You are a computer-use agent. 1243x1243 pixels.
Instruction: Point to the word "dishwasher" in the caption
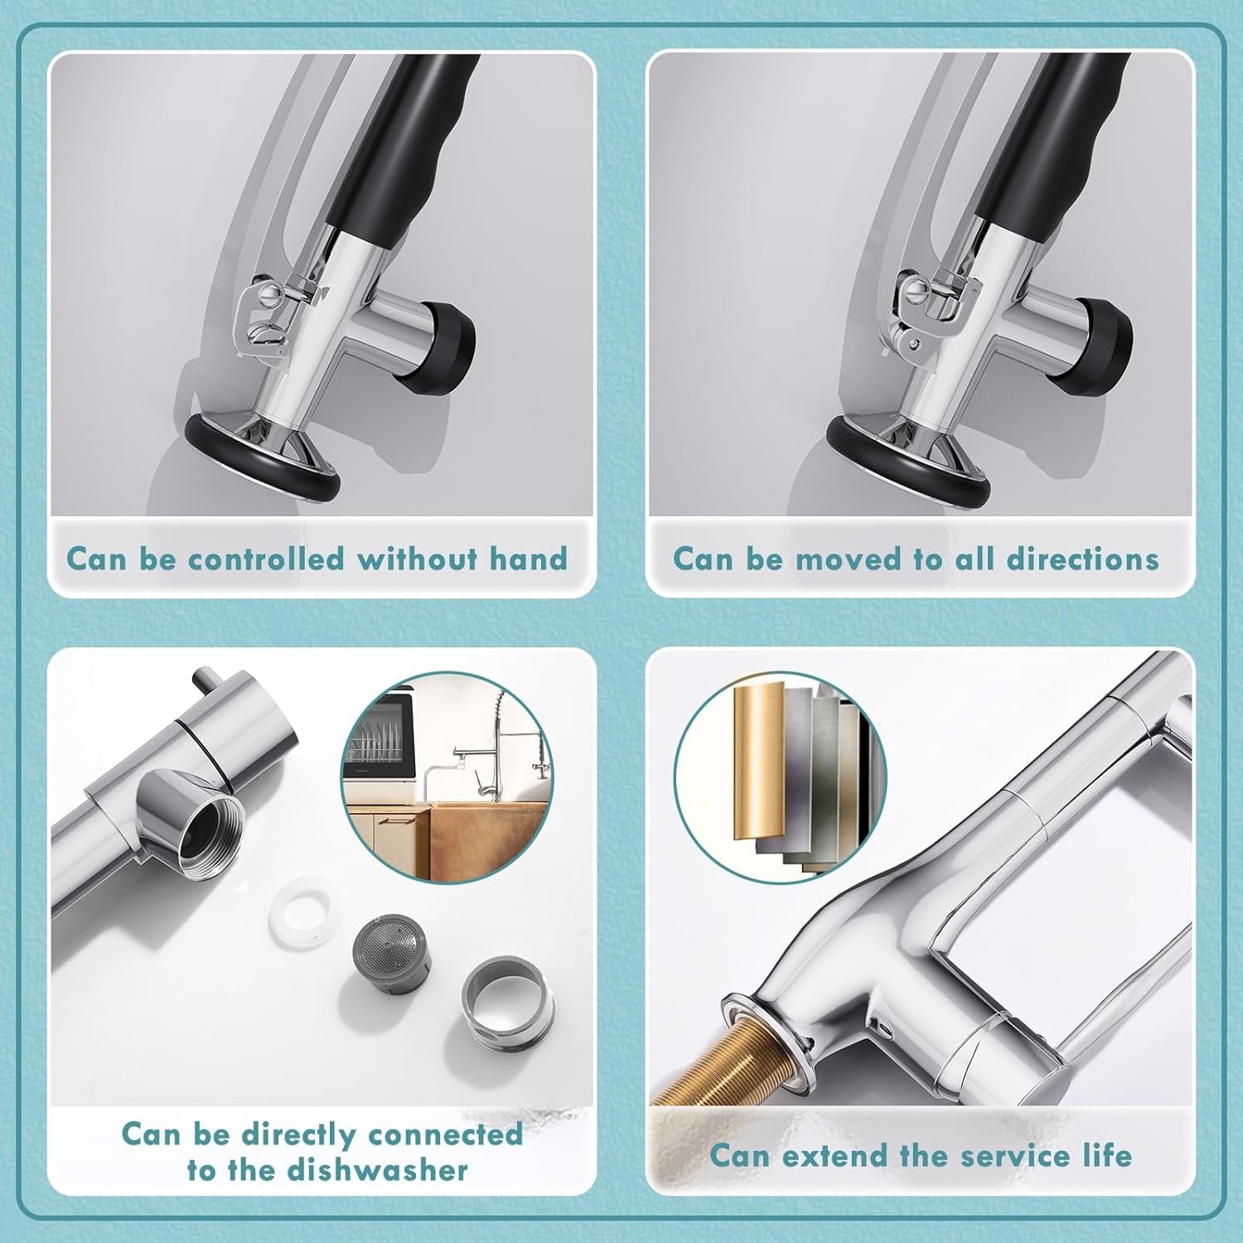tap(377, 1170)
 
